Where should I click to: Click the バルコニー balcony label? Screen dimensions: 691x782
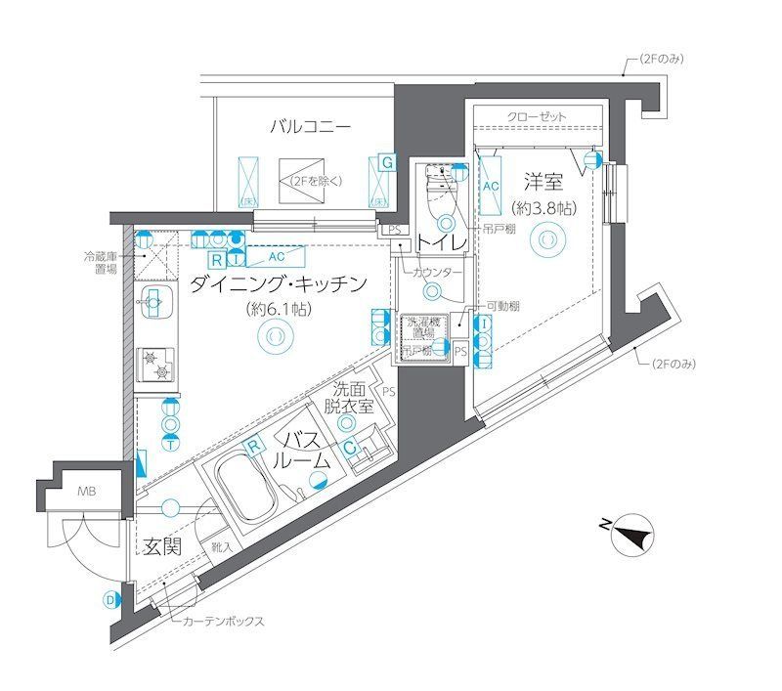[x=310, y=127]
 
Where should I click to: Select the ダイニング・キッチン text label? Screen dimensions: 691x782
[x=279, y=284]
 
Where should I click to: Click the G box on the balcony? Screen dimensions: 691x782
[x=387, y=162]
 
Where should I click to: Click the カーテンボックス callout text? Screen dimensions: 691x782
[x=222, y=621]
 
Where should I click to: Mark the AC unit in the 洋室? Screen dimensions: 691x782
[x=491, y=184]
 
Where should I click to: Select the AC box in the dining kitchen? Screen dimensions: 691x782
[x=277, y=258]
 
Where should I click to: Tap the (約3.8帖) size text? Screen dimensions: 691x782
[x=543, y=208]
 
